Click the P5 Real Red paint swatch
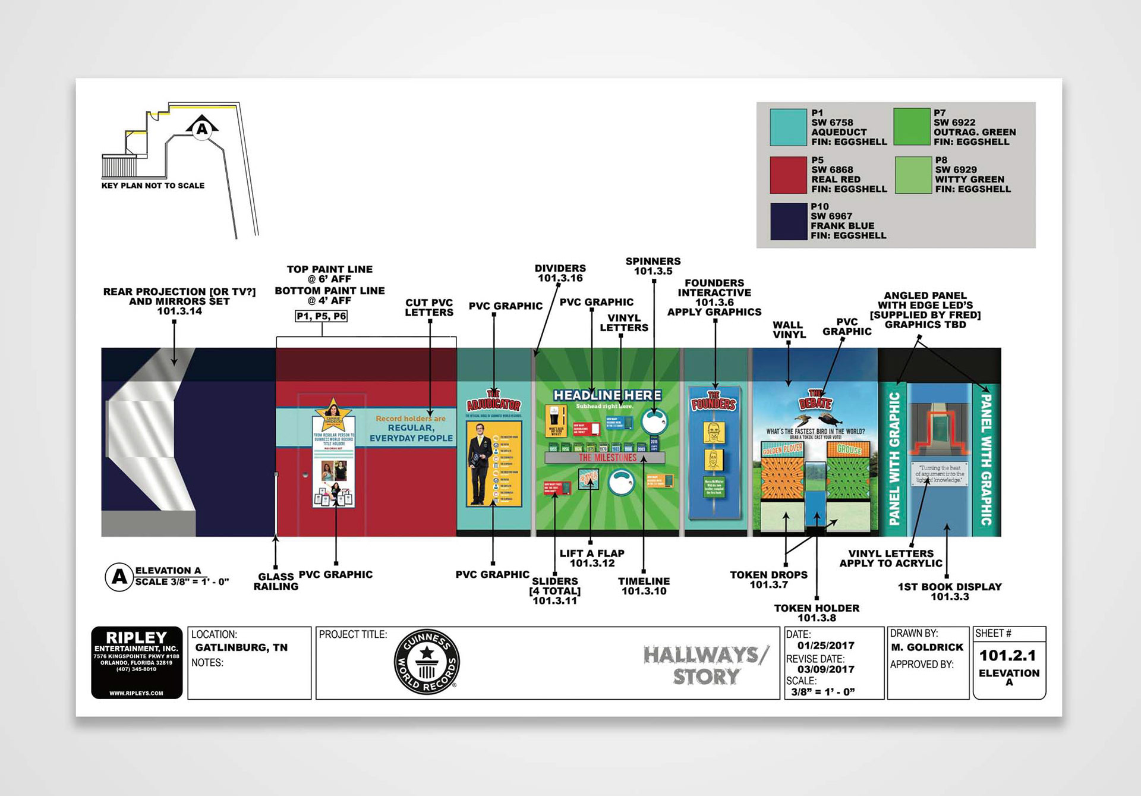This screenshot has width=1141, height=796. [x=788, y=175]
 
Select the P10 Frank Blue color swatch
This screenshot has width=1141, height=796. [x=788, y=222]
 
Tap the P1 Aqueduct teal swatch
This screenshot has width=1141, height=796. [x=788, y=127]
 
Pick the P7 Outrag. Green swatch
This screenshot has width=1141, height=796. [x=912, y=127]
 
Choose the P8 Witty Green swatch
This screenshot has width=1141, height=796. [x=913, y=175]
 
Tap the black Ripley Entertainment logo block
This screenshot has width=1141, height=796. [x=137, y=662]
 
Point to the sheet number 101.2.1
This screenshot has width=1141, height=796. [x=1007, y=655]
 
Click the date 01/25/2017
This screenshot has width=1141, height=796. [x=825, y=646]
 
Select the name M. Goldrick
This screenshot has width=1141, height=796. [x=927, y=647]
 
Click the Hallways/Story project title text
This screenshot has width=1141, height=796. [x=706, y=666]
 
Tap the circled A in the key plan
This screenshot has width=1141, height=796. [x=202, y=128]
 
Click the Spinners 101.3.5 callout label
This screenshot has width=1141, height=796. [x=653, y=266]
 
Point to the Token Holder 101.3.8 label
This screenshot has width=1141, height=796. [x=817, y=613]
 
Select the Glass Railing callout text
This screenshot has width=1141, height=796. [x=276, y=581]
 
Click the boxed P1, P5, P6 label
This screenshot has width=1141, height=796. [x=321, y=316]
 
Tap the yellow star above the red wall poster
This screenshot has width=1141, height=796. [x=333, y=410]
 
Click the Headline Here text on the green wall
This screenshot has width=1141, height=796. [x=607, y=395]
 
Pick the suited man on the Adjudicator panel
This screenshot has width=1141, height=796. [x=480, y=464]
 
